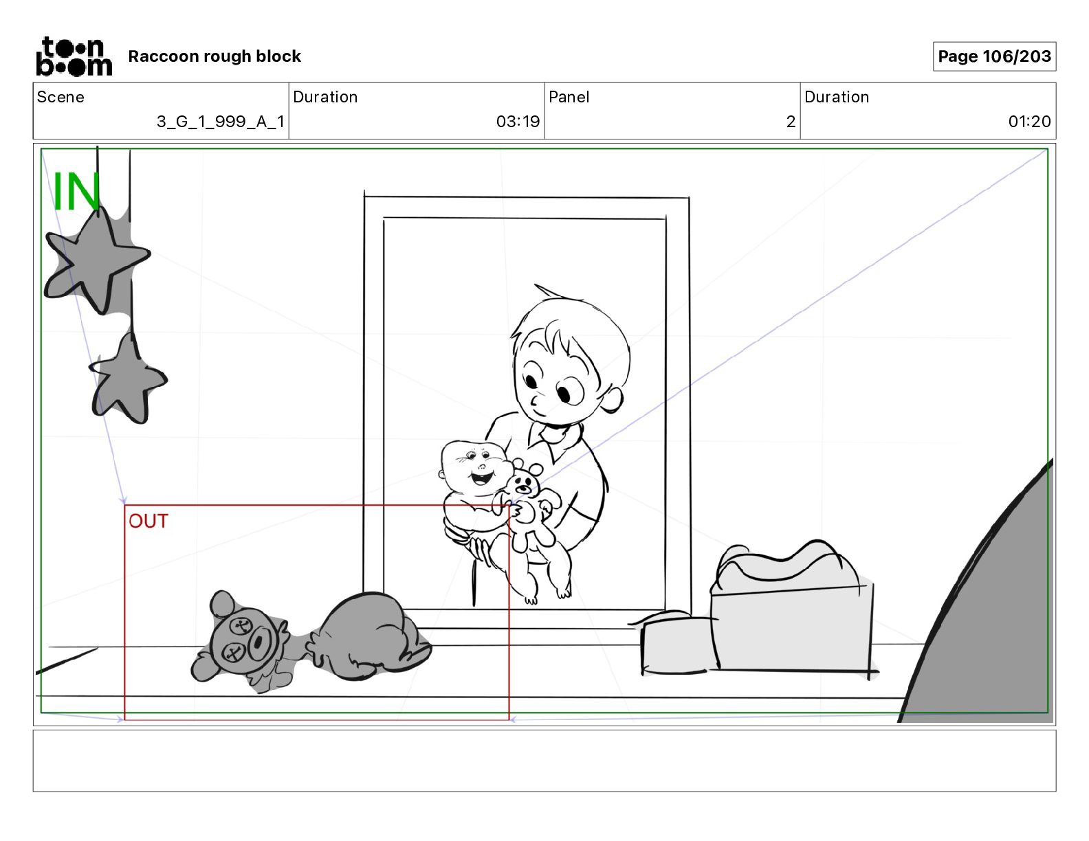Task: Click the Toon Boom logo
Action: point(74,56)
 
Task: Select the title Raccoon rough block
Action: point(214,56)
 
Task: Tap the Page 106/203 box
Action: point(994,56)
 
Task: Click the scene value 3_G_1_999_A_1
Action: point(221,121)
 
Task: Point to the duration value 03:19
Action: point(518,121)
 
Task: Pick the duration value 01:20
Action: point(1029,121)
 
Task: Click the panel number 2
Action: point(791,121)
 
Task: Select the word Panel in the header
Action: point(569,97)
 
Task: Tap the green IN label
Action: point(76,191)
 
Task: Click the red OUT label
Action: point(148,521)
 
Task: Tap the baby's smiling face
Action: point(476,469)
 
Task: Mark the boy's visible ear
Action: point(612,399)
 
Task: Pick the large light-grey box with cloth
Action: point(792,609)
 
